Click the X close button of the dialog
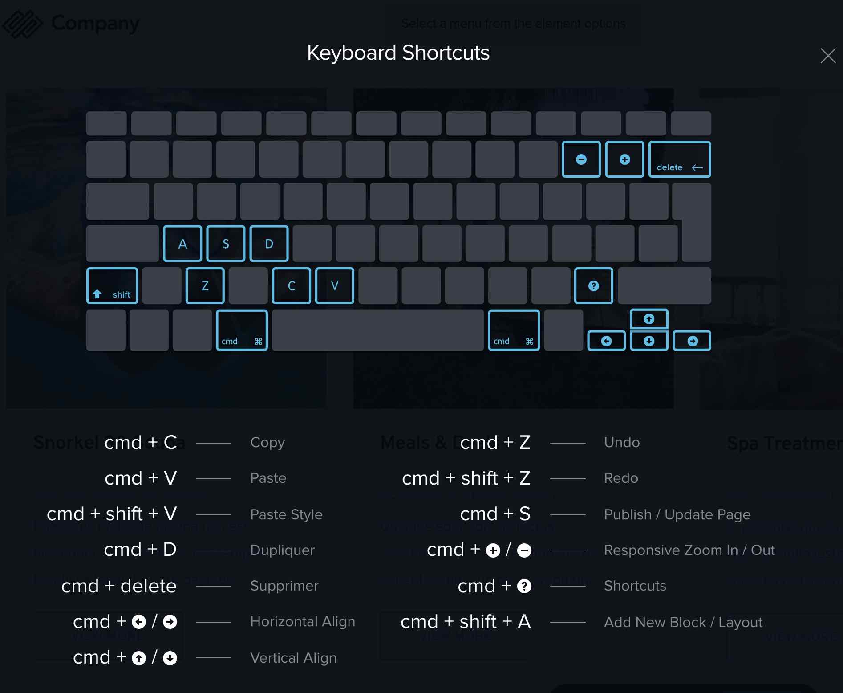click(x=828, y=56)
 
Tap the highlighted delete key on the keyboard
click(x=679, y=159)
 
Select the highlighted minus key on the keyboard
click(x=581, y=159)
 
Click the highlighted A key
click(x=182, y=244)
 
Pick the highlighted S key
click(x=226, y=244)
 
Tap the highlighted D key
click(x=269, y=244)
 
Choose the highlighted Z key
click(x=205, y=286)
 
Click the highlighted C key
click(x=292, y=286)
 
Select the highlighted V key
click(x=335, y=286)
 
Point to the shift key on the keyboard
click(x=112, y=286)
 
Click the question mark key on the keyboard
click(x=593, y=286)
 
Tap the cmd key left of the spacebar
click(x=242, y=330)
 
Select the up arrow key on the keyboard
click(x=649, y=319)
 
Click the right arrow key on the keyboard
click(x=692, y=341)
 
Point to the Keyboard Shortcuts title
click(x=398, y=53)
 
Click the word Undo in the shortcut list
click(x=622, y=442)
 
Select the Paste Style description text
click(x=286, y=514)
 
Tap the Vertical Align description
click(x=293, y=658)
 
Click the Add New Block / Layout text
click(x=683, y=622)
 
